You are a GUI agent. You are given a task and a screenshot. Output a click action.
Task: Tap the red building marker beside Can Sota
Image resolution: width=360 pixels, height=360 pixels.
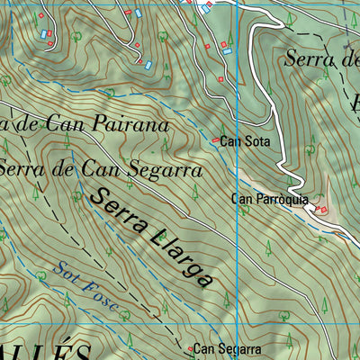pyautogui.click(x=215, y=140)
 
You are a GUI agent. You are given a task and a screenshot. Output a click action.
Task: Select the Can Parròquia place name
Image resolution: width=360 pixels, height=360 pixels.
pyautogui.click(x=270, y=199)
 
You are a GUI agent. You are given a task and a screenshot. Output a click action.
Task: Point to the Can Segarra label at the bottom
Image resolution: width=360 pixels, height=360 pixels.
pyautogui.click(x=228, y=348)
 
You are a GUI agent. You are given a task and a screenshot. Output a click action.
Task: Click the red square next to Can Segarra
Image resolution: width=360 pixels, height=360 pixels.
pyautogui.click(x=190, y=347)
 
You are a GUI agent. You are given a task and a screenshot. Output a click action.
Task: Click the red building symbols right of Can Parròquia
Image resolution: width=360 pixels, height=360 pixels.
pyautogui.click(x=320, y=209)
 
